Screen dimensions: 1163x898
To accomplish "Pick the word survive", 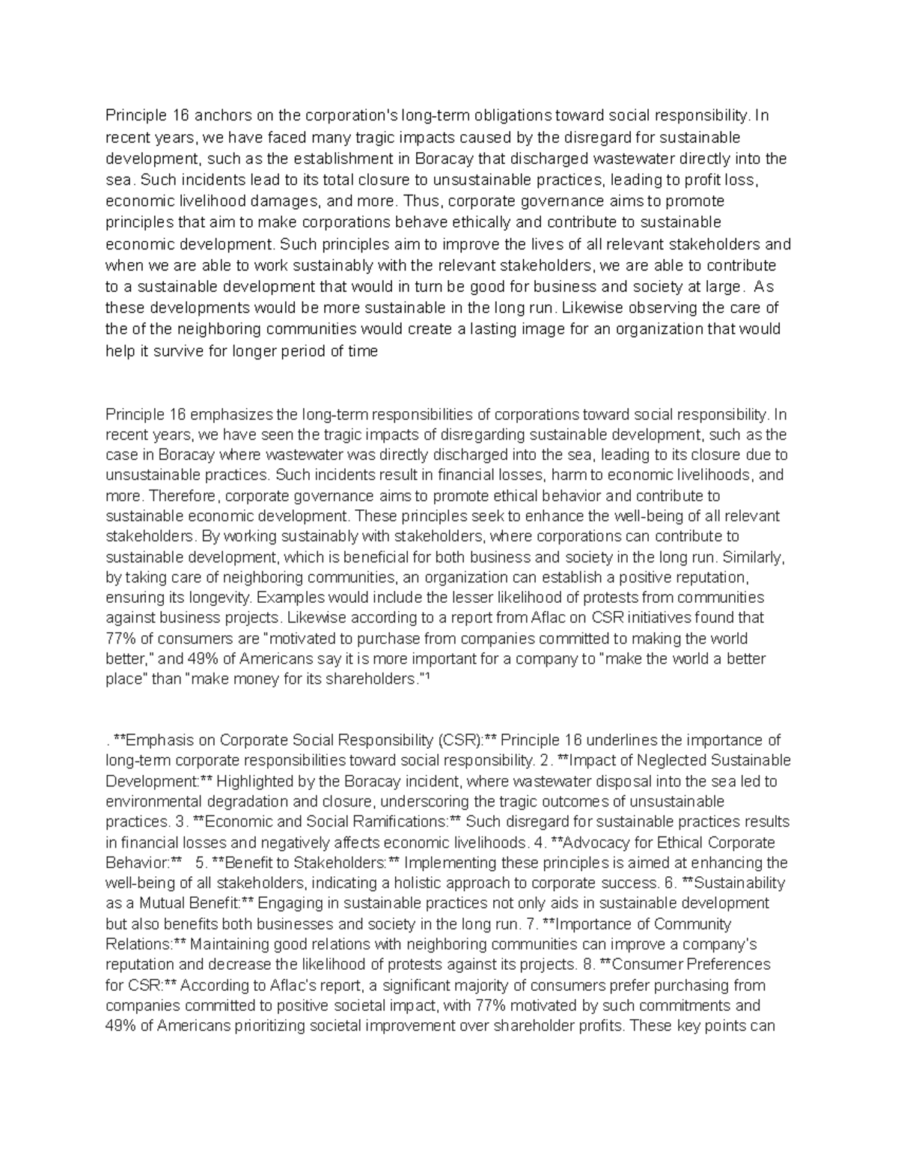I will coord(173,350).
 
